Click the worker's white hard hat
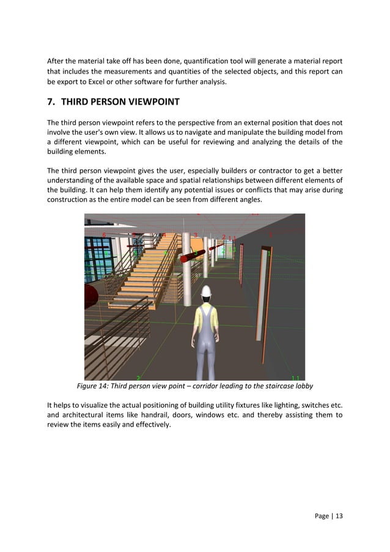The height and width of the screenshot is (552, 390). (x=207, y=291)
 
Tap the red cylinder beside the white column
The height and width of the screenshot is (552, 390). (x=192, y=255)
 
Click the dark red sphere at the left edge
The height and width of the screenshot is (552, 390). (x=89, y=296)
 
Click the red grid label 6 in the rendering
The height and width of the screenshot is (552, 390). (x=104, y=235)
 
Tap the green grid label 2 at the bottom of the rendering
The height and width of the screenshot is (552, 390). (x=138, y=378)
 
